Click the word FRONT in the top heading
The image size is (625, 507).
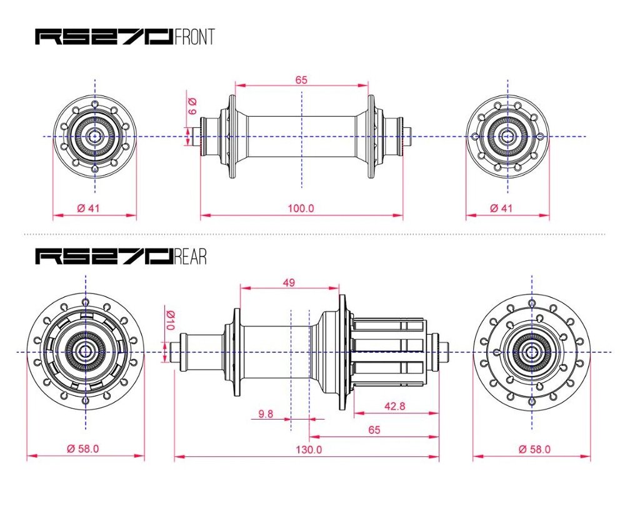tap(195, 37)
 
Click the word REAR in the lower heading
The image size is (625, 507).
tap(191, 256)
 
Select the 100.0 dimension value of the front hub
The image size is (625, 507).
tap(301, 208)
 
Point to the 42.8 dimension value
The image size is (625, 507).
tap(394, 406)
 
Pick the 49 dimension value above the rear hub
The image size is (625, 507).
tap(289, 282)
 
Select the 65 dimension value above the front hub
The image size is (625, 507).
tap(301, 80)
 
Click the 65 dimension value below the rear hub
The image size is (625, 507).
tap(374, 430)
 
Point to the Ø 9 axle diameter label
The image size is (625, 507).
tap(192, 106)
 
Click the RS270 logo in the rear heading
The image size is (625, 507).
tap(104, 256)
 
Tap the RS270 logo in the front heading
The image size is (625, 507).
tap(104, 37)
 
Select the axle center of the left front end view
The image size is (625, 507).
tap(94, 136)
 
